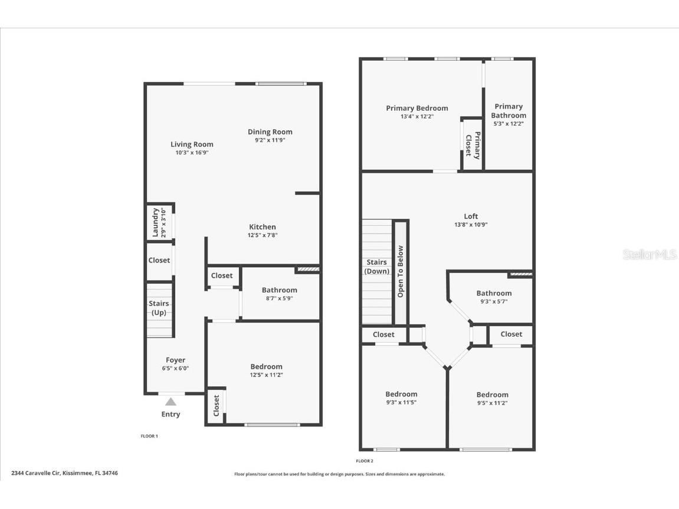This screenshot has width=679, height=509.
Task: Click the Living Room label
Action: click(x=192, y=144)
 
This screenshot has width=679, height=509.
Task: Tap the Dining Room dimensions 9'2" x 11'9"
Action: click(x=270, y=140)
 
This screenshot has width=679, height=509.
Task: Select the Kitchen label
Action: click(x=263, y=226)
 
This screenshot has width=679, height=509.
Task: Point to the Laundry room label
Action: click(x=156, y=222)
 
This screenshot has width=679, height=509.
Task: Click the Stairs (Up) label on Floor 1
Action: click(x=159, y=308)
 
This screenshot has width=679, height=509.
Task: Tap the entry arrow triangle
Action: click(x=170, y=402)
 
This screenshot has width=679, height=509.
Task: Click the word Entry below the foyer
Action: click(x=170, y=414)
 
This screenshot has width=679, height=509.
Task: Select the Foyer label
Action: click(x=175, y=360)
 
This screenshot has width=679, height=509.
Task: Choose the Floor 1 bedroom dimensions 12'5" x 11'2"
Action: click(x=266, y=375)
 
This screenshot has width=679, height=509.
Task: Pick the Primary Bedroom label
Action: click(x=416, y=108)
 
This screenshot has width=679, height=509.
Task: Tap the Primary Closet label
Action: click(x=473, y=144)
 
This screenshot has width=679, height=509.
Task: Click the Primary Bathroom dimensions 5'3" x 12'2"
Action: click(x=509, y=124)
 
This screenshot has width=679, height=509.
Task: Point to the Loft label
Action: click(x=470, y=216)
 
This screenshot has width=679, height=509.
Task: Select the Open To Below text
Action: click(x=400, y=271)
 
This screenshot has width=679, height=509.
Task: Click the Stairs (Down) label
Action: click(x=376, y=267)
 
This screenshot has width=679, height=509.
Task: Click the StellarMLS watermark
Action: click(x=650, y=255)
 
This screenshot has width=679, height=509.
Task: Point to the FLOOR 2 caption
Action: click(x=365, y=461)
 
